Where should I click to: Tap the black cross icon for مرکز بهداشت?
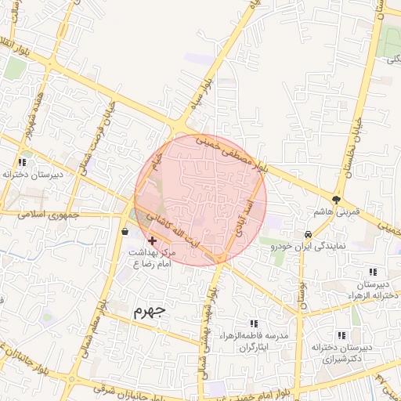coord(151,241)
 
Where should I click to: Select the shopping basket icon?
coord(125,231)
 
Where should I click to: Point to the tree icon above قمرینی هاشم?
coord(338,200)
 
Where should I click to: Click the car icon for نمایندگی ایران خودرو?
coord(309,234)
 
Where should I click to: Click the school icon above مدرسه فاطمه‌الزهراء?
coord(252,323)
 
